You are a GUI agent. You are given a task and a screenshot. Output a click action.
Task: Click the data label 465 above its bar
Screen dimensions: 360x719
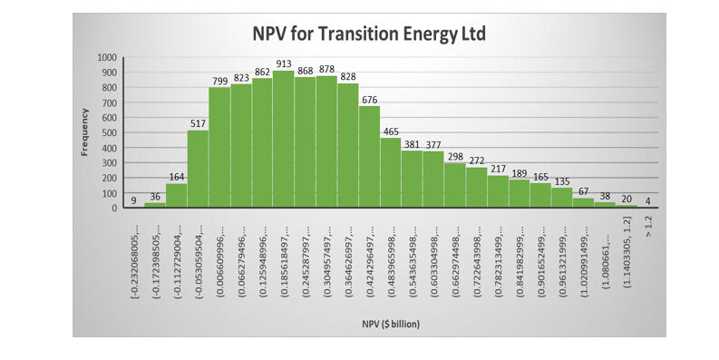pos(391,131)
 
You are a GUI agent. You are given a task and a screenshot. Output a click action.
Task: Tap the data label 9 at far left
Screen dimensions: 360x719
pos(134,200)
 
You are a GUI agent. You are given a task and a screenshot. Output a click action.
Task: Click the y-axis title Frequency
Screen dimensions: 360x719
pos(85,131)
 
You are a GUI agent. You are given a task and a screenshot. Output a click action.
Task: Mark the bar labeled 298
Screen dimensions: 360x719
pos(455,186)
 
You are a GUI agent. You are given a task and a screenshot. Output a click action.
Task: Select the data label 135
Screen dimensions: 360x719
pos(562,181)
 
